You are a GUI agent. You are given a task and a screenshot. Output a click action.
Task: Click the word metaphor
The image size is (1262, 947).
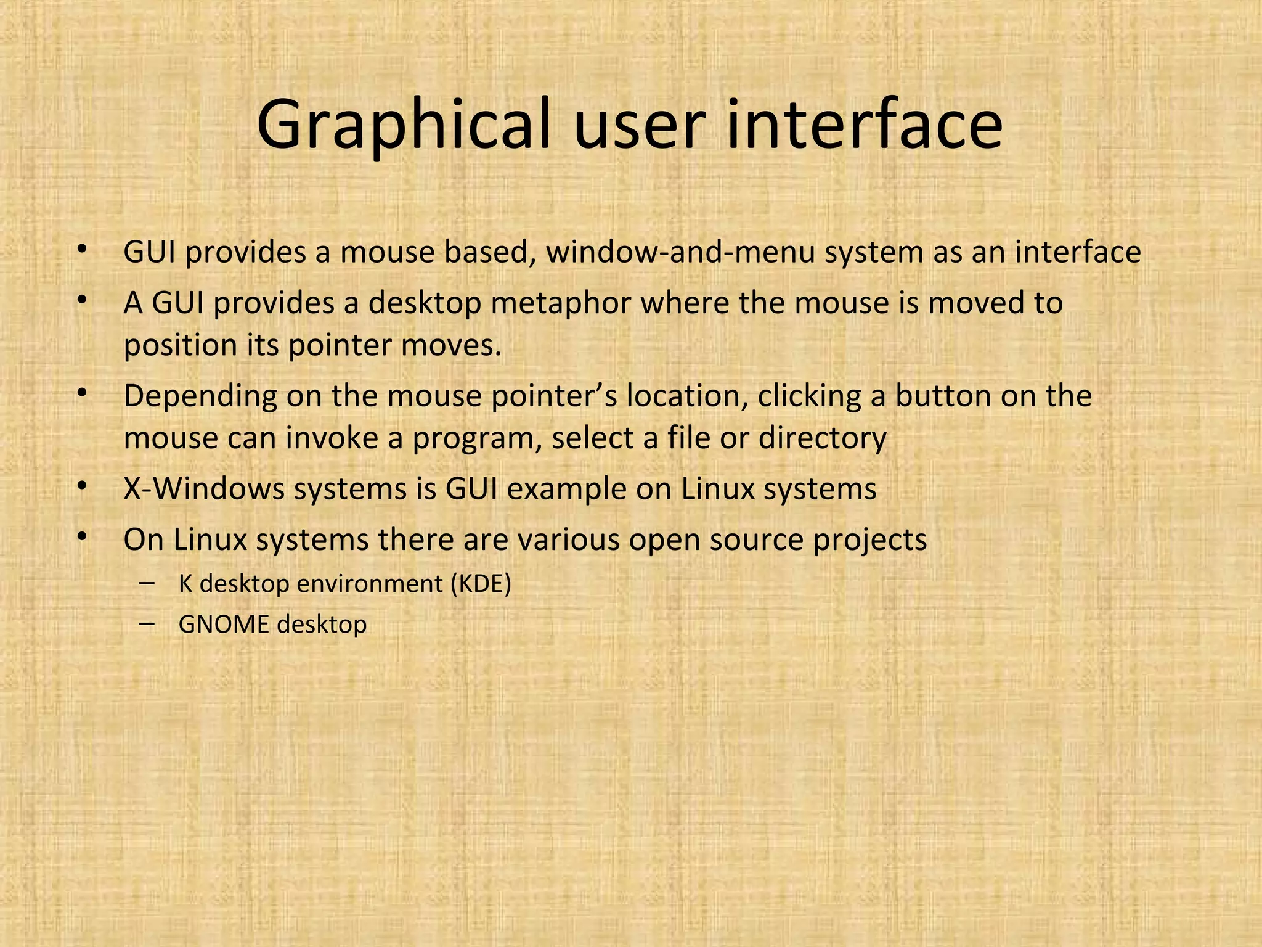(x=560, y=303)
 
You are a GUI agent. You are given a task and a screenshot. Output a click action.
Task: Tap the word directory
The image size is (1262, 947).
(x=822, y=439)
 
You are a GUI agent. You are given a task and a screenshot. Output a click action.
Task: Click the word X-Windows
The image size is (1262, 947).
(x=203, y=490)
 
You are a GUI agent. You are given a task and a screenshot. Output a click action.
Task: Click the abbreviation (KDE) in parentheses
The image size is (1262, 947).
(x=481, y=583)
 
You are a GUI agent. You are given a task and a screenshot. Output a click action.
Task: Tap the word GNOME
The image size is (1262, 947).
(x=224, y=625)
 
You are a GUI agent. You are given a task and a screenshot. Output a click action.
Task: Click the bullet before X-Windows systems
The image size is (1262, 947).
(x=81, y=487)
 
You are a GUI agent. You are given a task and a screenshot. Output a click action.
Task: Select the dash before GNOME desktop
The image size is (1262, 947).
(x=147, y=623)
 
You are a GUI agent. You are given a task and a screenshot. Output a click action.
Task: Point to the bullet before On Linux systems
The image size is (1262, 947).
(x=81, y=538)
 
